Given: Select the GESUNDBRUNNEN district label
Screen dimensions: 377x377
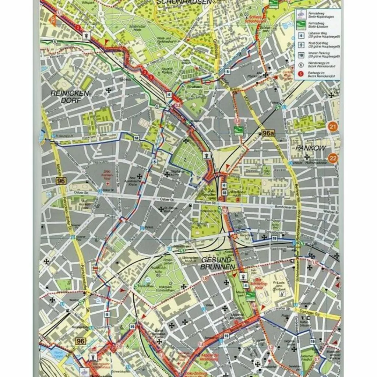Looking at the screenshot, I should pos(218,263).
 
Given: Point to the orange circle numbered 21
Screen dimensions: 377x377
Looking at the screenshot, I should pos(333,128).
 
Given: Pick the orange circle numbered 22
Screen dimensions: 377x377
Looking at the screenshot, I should pos(333,158).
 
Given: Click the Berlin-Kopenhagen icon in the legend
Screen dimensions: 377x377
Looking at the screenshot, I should pos(301,14).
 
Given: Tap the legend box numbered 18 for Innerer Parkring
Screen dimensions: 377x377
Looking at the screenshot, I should pos(301,56).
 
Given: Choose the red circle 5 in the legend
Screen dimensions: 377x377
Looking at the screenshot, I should pos(301,75).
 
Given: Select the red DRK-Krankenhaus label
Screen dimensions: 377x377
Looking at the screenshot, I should pos(107,175).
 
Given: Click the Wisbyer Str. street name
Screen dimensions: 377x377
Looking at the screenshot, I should pos(330,212).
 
